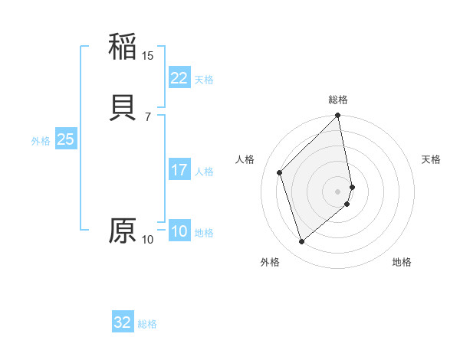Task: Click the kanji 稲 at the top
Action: click(x=123, y=47)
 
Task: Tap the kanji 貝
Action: click(x=123, y=108)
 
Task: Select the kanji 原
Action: click(x=123, y=231)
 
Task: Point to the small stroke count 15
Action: click(x=148, y=56)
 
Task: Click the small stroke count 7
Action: click(x=147, y=117)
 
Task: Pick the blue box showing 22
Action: click(x=179, y=78)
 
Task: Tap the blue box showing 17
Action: click(x=179, y=170)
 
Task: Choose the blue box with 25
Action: click(x=66, y=139)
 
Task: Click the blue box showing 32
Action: click(x=123, y=322)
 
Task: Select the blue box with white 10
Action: click(x=179, y=231)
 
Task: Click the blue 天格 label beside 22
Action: click(x=204, y=80)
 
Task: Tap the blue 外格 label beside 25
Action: click(x=41, y=141)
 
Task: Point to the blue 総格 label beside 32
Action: click(x=147, y=324)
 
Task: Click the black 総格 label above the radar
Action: click(x=338, y=100)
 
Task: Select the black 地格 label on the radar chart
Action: click(x=402, y=263)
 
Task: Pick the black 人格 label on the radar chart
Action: click(x=245, y=159)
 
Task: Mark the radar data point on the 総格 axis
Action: click(x=338, y=116)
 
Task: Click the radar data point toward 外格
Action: click(x=302, y=242)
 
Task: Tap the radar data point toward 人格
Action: click(x=280, y=172)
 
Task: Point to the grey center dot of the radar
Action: click(x=338, y=191)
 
